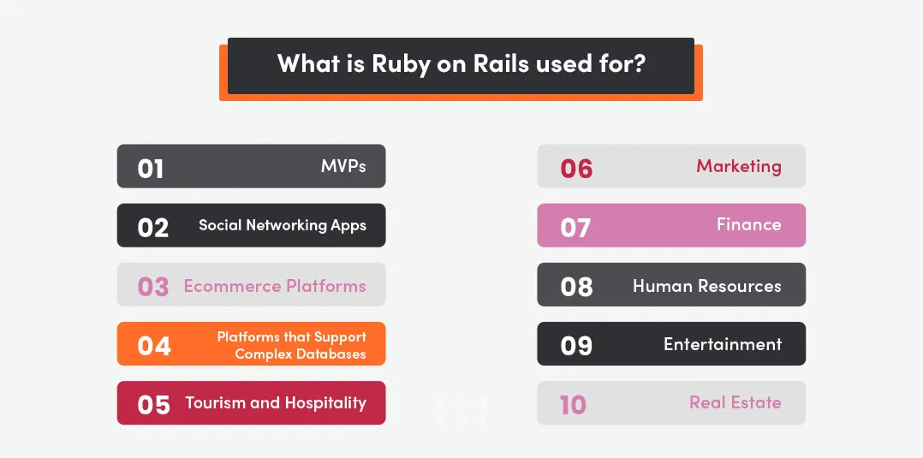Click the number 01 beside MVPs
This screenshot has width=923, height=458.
pos(151,169)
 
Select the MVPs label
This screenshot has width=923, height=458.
pos(343,166)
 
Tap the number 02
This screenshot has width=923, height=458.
pos(153,228)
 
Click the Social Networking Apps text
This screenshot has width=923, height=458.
pos(283,225)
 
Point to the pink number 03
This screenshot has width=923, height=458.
pos(153,287)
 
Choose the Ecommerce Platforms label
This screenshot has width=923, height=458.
pos(275,286)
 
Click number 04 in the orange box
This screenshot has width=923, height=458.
pos(154,346)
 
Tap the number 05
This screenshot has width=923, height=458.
pos(154,404)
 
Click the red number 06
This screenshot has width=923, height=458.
pos(576,169)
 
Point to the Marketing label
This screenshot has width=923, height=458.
pos(738,166)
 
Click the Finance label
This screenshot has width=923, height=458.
pos(748,224)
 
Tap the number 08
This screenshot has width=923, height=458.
pos(576,287)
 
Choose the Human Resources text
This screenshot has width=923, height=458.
pos(706,286)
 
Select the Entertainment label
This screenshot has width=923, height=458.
pos(723,344)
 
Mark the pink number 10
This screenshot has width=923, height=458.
pos(573,404)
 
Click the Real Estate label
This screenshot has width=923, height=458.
pos(735,402)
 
